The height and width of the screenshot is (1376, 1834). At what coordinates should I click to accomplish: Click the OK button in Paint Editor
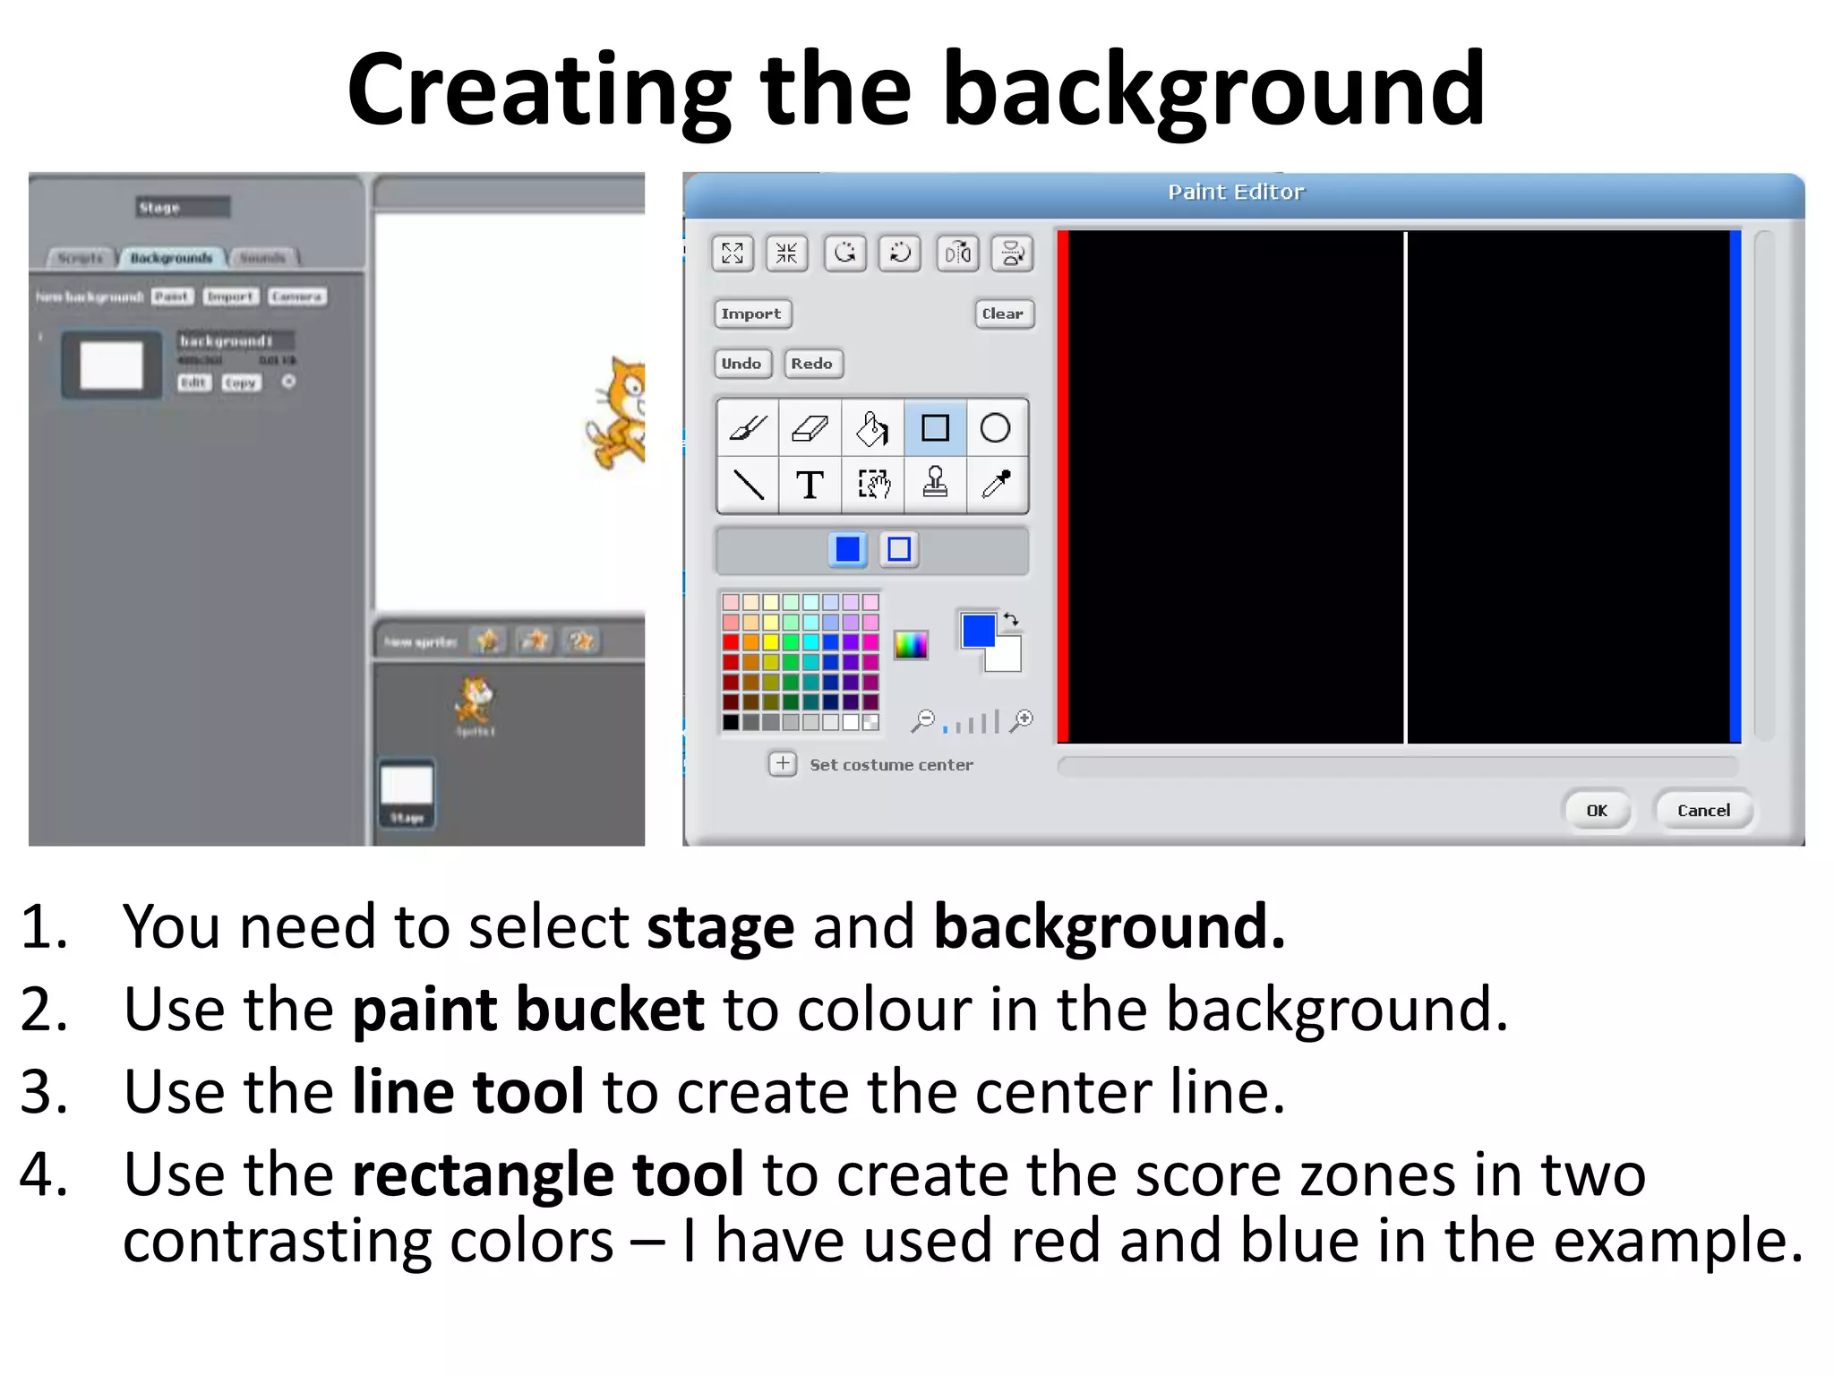tap(1597, 811)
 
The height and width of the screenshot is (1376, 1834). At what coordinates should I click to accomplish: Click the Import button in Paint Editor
tap(751, 314)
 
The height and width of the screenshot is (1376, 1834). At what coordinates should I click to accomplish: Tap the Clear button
tap(1002, 314)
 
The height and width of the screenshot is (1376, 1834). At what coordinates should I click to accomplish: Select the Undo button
tap(741, 364)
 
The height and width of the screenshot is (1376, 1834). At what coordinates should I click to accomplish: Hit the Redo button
tap(811, 364)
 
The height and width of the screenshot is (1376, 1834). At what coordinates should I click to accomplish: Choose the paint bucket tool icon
tap(872, 428)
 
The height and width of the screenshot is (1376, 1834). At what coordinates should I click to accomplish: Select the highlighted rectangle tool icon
tap(935, 428)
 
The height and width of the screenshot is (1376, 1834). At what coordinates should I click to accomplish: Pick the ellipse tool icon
tap(995, 428)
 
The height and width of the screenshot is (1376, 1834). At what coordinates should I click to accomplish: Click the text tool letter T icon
tap(810, 485)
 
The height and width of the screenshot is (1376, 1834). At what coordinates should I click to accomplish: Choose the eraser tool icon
tap(810, 428)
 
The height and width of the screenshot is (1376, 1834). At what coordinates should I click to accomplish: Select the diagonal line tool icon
tap(749, 485)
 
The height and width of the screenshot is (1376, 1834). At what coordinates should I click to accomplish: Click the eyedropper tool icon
tap(996, 485)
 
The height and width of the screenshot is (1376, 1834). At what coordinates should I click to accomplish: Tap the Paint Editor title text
tap(1236, 192)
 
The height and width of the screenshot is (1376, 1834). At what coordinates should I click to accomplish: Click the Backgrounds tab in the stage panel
tap(171, 258)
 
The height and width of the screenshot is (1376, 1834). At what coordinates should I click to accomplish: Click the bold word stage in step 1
tap(720, 927)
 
